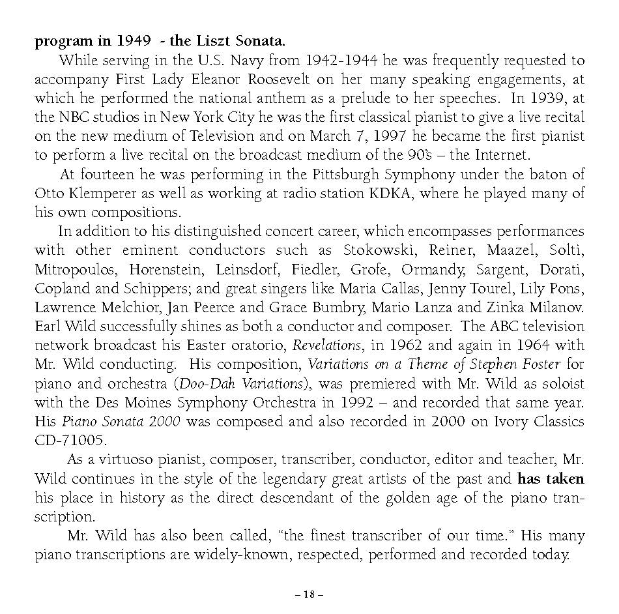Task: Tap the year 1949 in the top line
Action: [x=134, y=41]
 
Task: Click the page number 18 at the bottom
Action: [x=309, y=594]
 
